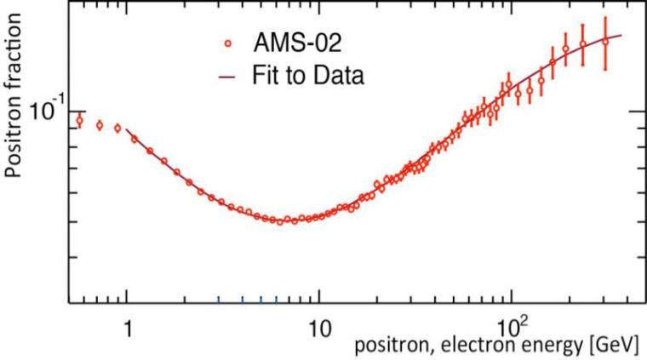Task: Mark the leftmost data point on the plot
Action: [80, 120]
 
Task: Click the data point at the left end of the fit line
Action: [134, 138]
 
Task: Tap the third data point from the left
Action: [117, 129]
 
